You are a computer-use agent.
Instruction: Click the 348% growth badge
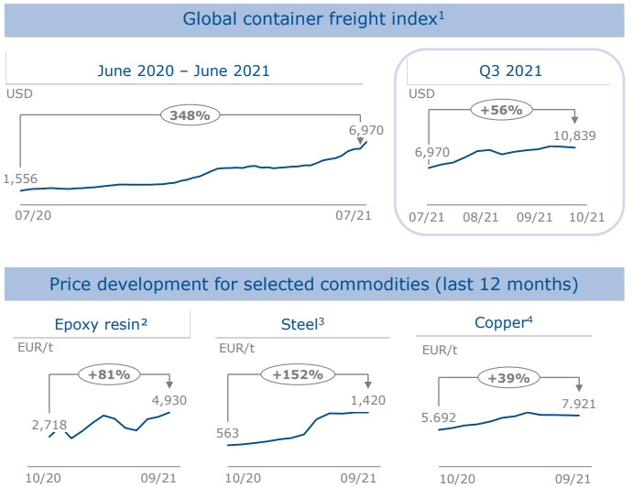coord(190,115)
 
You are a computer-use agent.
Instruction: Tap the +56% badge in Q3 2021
coord(501,110)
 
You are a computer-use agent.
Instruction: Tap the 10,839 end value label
coord(575,135)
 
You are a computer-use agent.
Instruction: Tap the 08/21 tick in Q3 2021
coord(480,217)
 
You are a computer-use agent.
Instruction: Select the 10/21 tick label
coord(586,217)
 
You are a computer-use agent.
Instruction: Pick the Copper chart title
coord(503,323)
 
